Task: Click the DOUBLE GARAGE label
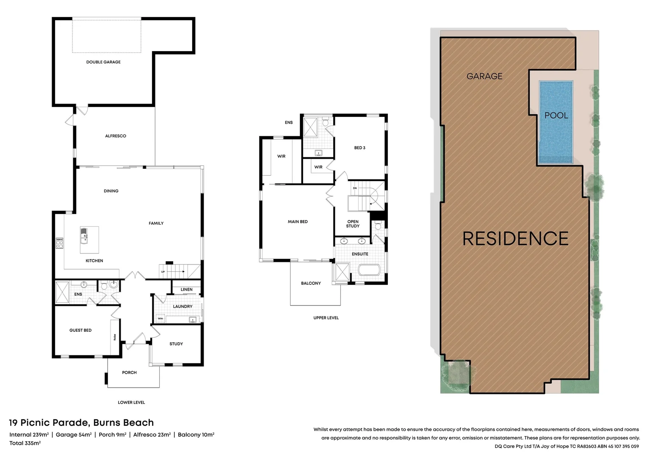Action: tap(103, 62)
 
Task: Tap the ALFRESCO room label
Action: tap(116, 136)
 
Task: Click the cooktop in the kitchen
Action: tap(59, 243)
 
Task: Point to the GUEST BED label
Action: tap(80, 330)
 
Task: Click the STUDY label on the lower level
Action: tap(176, 344)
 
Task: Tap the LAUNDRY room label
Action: tap(182, 306)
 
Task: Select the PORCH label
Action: tap(130, 373)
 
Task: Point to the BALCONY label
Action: tap(311, 284)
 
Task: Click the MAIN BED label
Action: tap(298, 222)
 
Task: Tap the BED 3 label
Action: tap(359, 148)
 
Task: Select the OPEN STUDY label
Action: tap(353, 224)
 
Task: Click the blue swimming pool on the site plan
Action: tap(556, 123)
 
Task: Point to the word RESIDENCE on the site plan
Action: tap(515, 239)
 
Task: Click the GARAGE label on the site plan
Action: tap(484, 77)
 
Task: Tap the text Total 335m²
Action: tap(25, 443)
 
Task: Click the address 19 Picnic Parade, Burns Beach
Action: tap(81, 423)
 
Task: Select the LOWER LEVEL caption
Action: tap(131, 403)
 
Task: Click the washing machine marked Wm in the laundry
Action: tap(160, 319)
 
